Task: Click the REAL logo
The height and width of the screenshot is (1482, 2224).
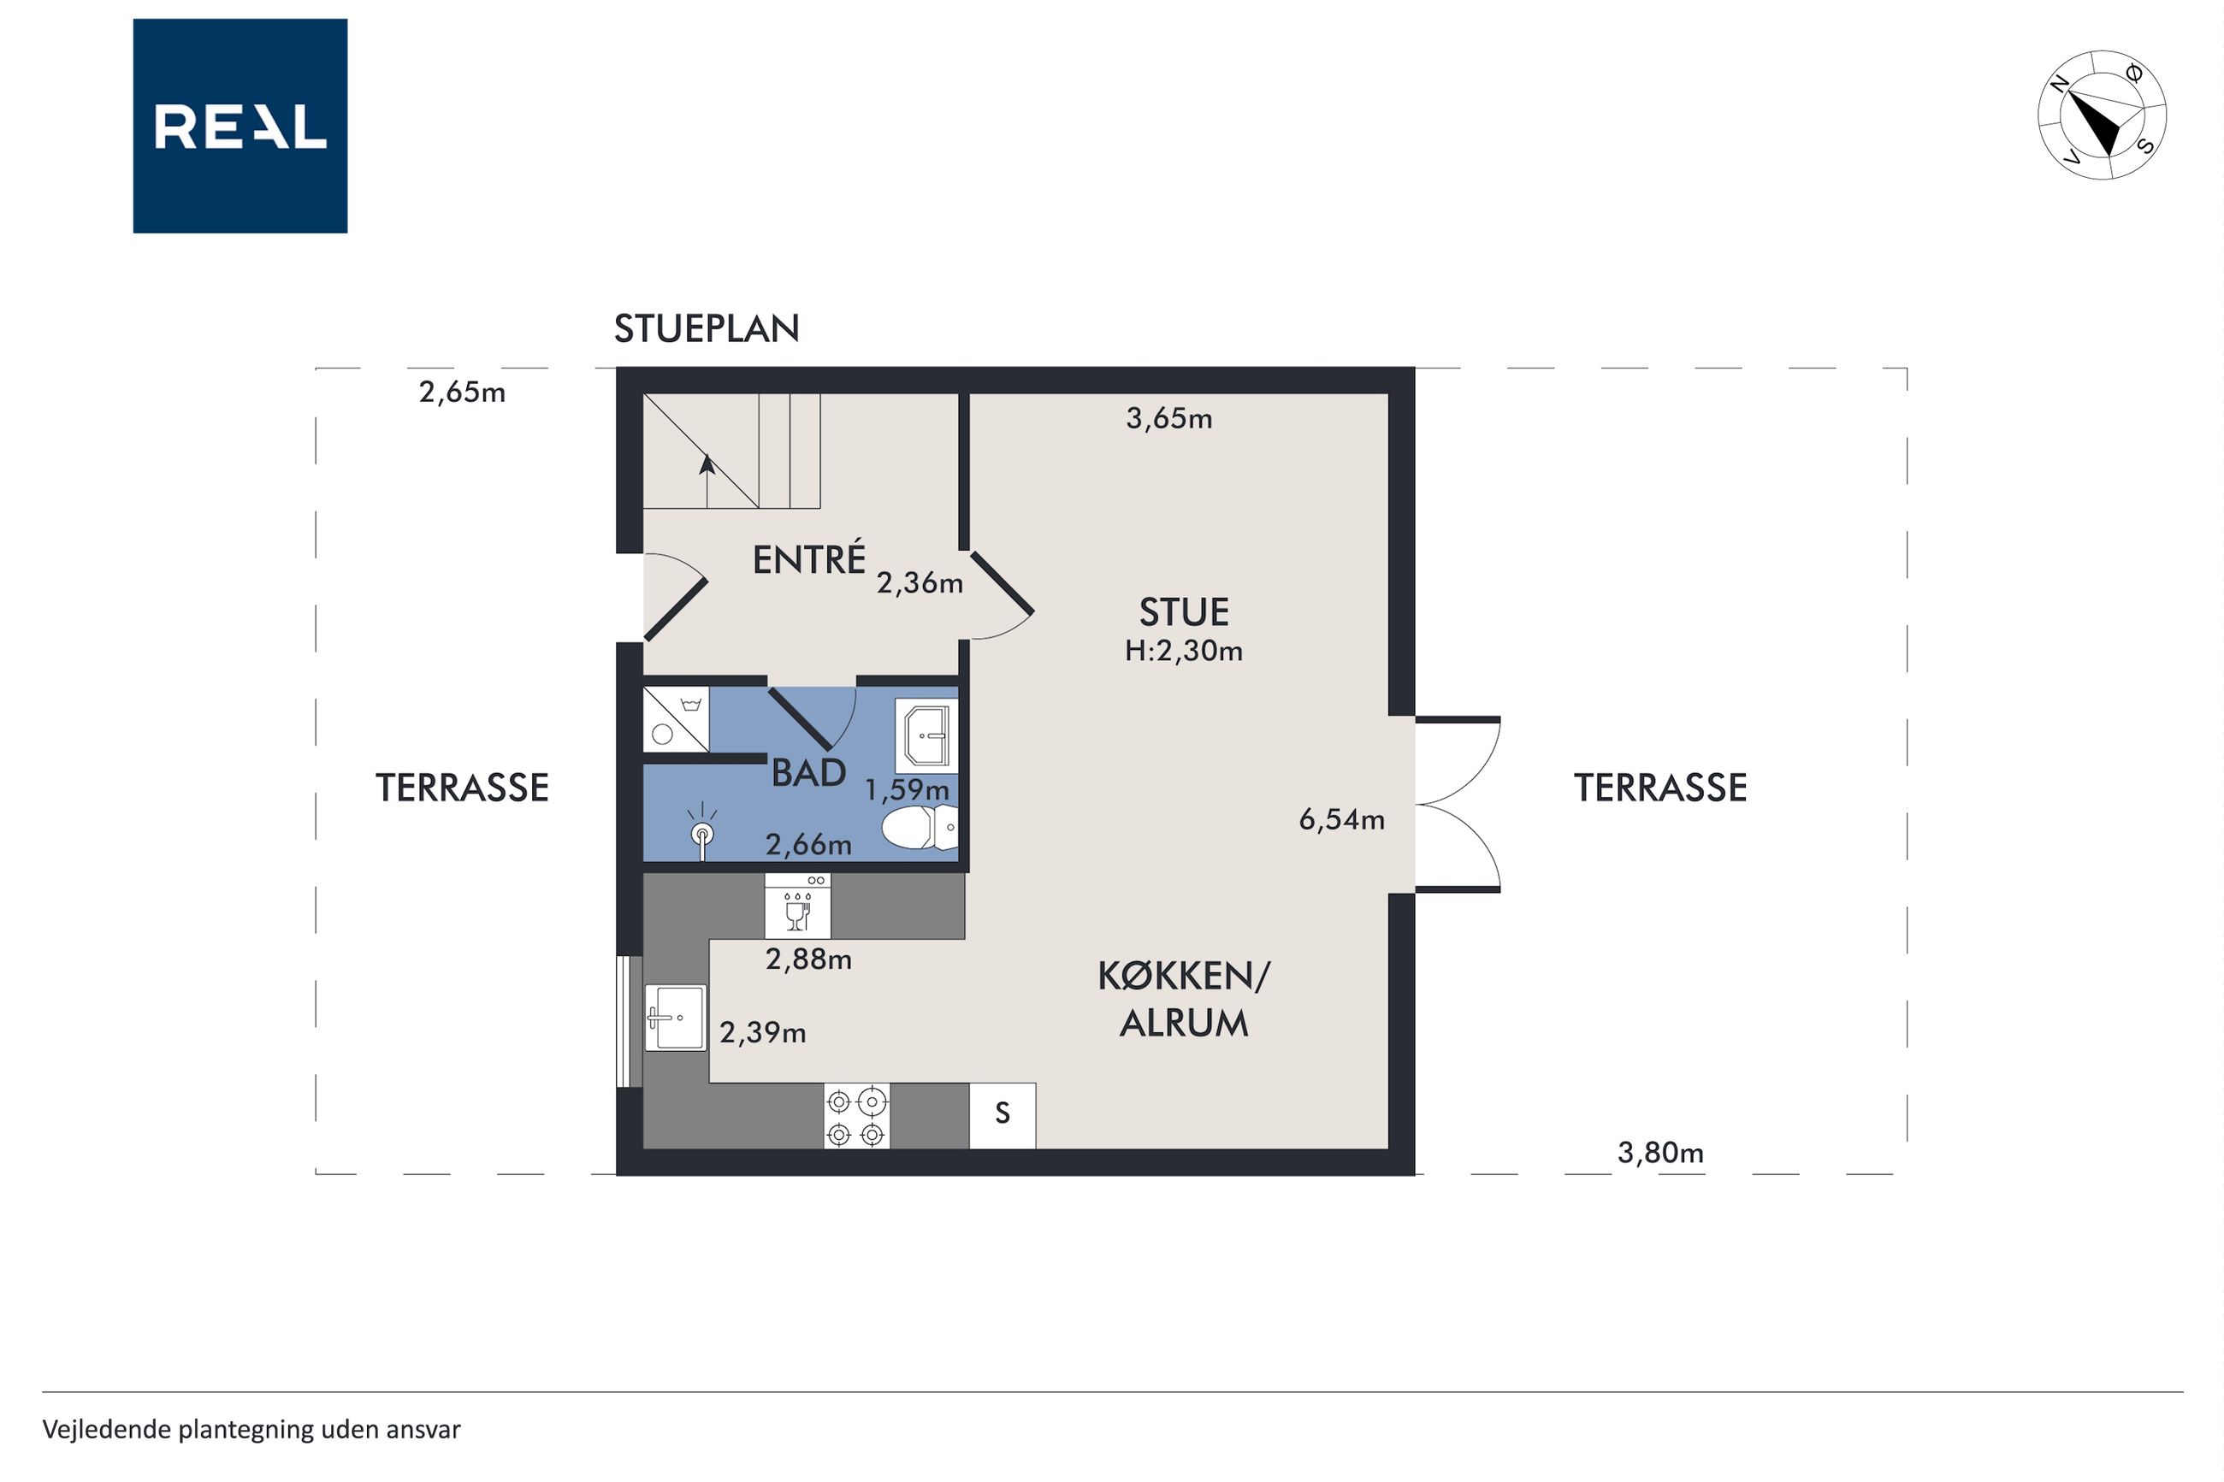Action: coord(240,126)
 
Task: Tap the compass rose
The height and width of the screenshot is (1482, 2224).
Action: coord(2101,115)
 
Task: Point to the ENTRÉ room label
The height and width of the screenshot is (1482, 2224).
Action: coord(809,558)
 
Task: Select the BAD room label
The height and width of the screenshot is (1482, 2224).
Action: coord(809,773)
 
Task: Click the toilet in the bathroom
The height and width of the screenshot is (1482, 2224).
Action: coord(920,828)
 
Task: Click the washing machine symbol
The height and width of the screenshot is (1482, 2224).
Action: coord(676,719)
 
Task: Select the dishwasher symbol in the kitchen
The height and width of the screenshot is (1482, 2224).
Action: coord(798,906)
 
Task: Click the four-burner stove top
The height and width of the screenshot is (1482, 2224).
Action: coord(856,1116)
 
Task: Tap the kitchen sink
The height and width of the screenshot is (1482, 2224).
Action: coord(675,1018)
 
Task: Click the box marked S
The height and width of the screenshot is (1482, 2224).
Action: coord(1002,1116)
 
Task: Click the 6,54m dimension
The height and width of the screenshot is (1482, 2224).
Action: coord(1341,819)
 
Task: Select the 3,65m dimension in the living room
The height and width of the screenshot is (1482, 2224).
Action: coord(1168,419)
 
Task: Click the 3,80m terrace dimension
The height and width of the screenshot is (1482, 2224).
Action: coord(1660,1153)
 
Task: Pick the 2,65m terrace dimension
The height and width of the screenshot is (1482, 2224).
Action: coord(462,393)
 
